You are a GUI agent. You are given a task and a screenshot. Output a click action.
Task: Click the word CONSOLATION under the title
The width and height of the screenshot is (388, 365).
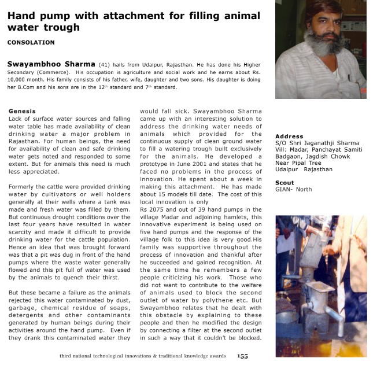coord(31,43)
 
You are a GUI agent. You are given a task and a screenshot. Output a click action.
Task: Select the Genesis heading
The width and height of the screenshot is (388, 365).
coord(23,110)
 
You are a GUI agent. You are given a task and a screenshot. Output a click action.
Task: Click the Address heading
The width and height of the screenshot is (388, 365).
coord(289,137)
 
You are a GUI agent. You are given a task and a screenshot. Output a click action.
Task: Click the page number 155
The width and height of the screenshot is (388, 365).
coord(242,356)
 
